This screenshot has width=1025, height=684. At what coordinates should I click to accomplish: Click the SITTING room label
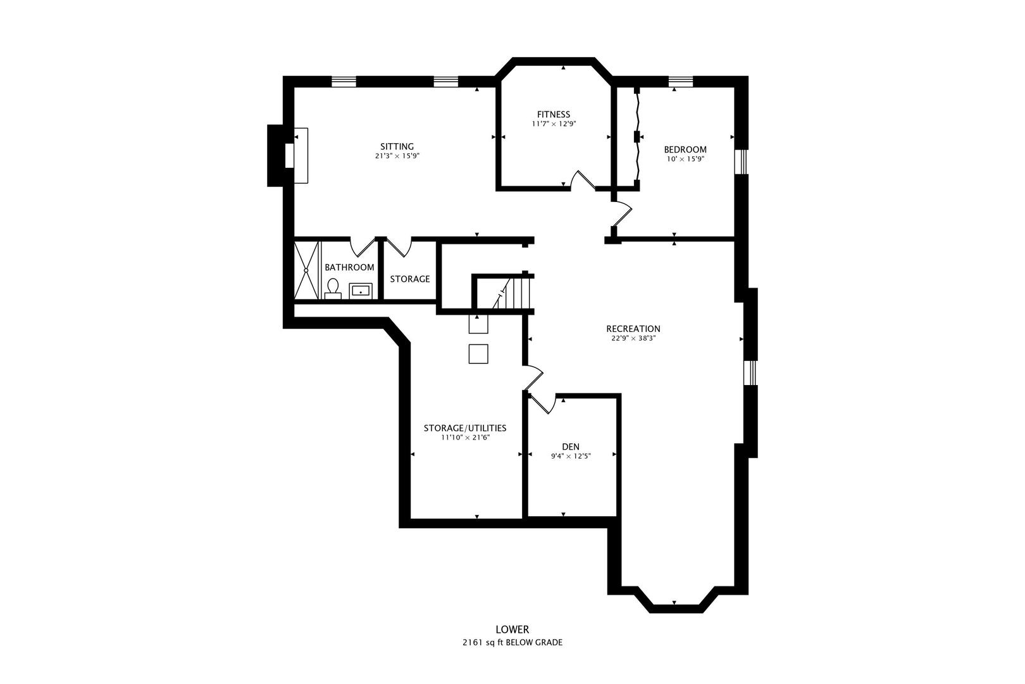pyautogui.click(x=397, y=146)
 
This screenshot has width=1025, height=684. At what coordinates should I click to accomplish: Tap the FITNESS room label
pyautogui.click(x=554, y=115)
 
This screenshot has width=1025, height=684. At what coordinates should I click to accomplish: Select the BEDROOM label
pyautogui.click(x=685, y=149)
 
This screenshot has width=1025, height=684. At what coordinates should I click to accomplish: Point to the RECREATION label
pyautogui.click(x=633, y=329)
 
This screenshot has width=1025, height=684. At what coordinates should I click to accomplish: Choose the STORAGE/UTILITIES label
pyautogui.click(x=464, y=428)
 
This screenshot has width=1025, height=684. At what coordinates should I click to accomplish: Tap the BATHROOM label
pyautogui.click(x=349, y=267)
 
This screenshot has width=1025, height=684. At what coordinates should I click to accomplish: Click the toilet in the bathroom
pyautogui.click(x=333, y=289)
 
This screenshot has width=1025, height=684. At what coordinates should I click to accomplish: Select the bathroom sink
pyautogui.click(x=361, y=291)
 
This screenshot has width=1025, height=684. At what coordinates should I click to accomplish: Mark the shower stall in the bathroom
pyautogui.click(x=306, y=270)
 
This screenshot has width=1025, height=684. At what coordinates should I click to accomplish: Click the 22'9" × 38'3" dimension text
pyautogui.click(x=633, y=338)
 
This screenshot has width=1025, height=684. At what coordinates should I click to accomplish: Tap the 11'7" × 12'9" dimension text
pyautogui.click(x=554, y=124)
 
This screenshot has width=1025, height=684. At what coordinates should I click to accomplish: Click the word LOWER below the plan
pyautogui.click(x=512, y=630)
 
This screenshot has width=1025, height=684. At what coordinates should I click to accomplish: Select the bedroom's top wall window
pyautogui.click(x=681, y=80)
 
